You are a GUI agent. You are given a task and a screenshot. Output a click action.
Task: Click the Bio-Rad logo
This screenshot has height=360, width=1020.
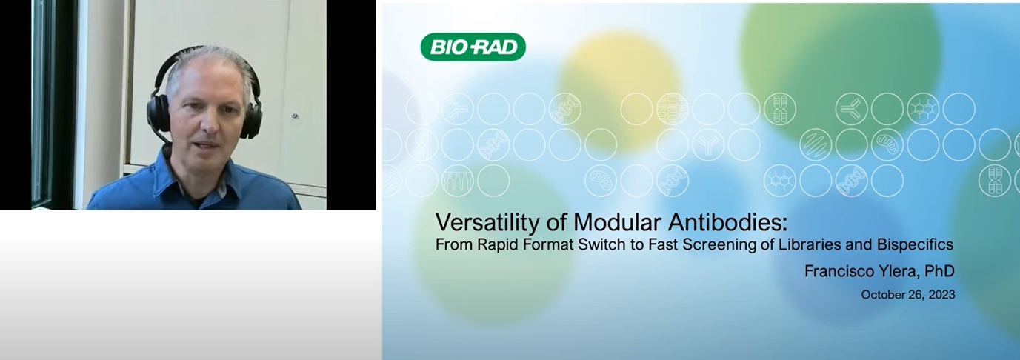click(473, 47)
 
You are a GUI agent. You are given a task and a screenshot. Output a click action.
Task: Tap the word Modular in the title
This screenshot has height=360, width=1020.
click(617, 222)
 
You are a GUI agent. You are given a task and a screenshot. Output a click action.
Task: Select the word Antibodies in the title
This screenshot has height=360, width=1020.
click(727, 222)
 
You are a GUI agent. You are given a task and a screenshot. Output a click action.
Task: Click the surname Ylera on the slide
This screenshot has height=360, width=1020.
click(899, 271)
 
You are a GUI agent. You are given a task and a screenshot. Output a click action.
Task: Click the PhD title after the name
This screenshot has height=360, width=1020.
click(939, 271)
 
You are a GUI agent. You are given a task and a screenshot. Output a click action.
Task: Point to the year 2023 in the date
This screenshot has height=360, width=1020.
click(941, 295)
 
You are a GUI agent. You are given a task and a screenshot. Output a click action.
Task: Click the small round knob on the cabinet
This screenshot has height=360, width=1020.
click(295, 116)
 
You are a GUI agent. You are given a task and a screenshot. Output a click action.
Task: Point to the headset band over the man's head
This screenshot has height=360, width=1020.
click(204, 52)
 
